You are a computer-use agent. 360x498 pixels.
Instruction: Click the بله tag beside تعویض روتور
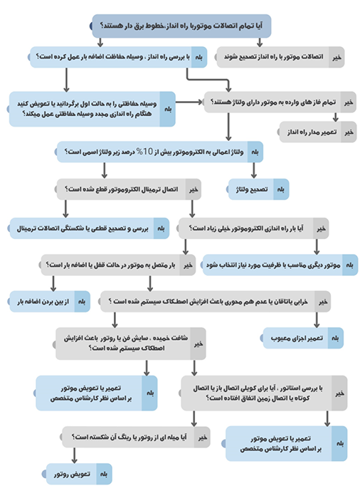[x=104, y=472]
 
